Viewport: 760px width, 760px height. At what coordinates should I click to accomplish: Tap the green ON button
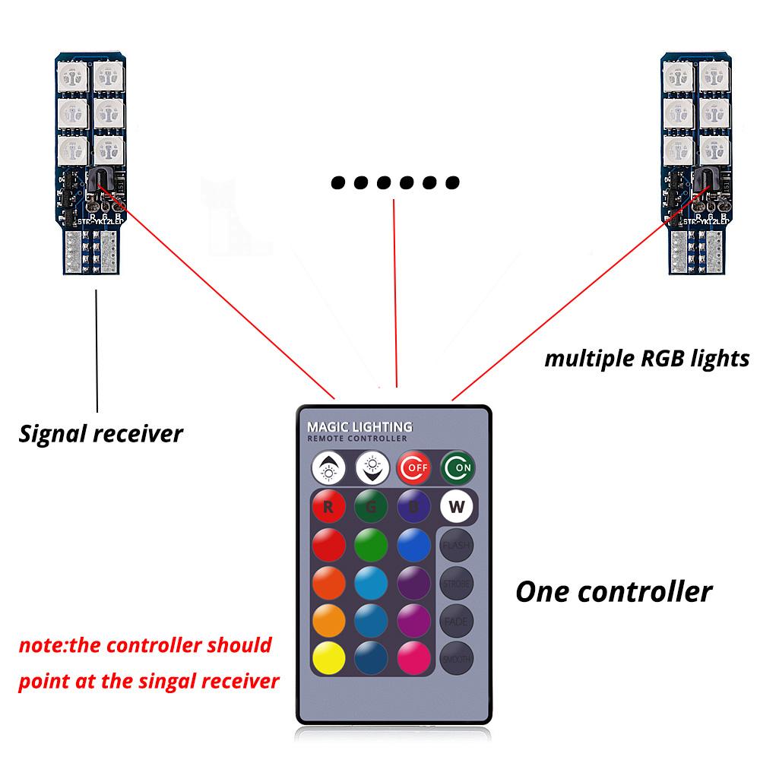tap(456, 467)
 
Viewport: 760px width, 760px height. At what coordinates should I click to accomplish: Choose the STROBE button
tap(455, 584)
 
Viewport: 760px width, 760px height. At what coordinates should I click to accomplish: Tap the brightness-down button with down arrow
tap(372, 467)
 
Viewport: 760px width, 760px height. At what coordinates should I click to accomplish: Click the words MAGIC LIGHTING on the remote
tap(360, 426)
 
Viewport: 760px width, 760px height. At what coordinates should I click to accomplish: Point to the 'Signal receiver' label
tap(101, 433)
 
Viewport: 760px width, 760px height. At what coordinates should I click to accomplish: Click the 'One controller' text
tap(614, 591)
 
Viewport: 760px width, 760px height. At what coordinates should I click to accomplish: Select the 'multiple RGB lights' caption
tap(647, 359)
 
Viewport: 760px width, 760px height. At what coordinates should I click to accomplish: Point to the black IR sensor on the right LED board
tap(703, 181)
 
